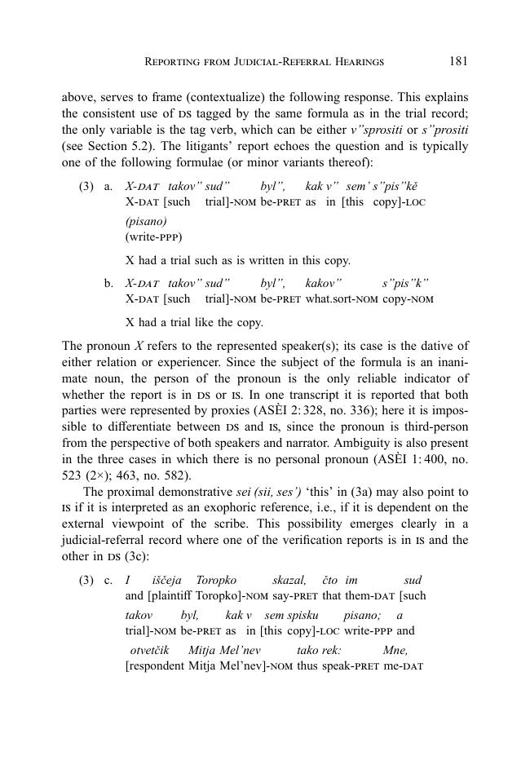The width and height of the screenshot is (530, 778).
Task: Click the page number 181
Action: (457, 60)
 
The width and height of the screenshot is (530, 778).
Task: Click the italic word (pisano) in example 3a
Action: (146, 221)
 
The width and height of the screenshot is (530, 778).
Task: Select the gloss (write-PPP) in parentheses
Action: (153, 236)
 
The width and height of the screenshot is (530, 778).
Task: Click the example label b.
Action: (108, 283)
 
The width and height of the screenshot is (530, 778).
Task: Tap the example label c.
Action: (108, 580)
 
